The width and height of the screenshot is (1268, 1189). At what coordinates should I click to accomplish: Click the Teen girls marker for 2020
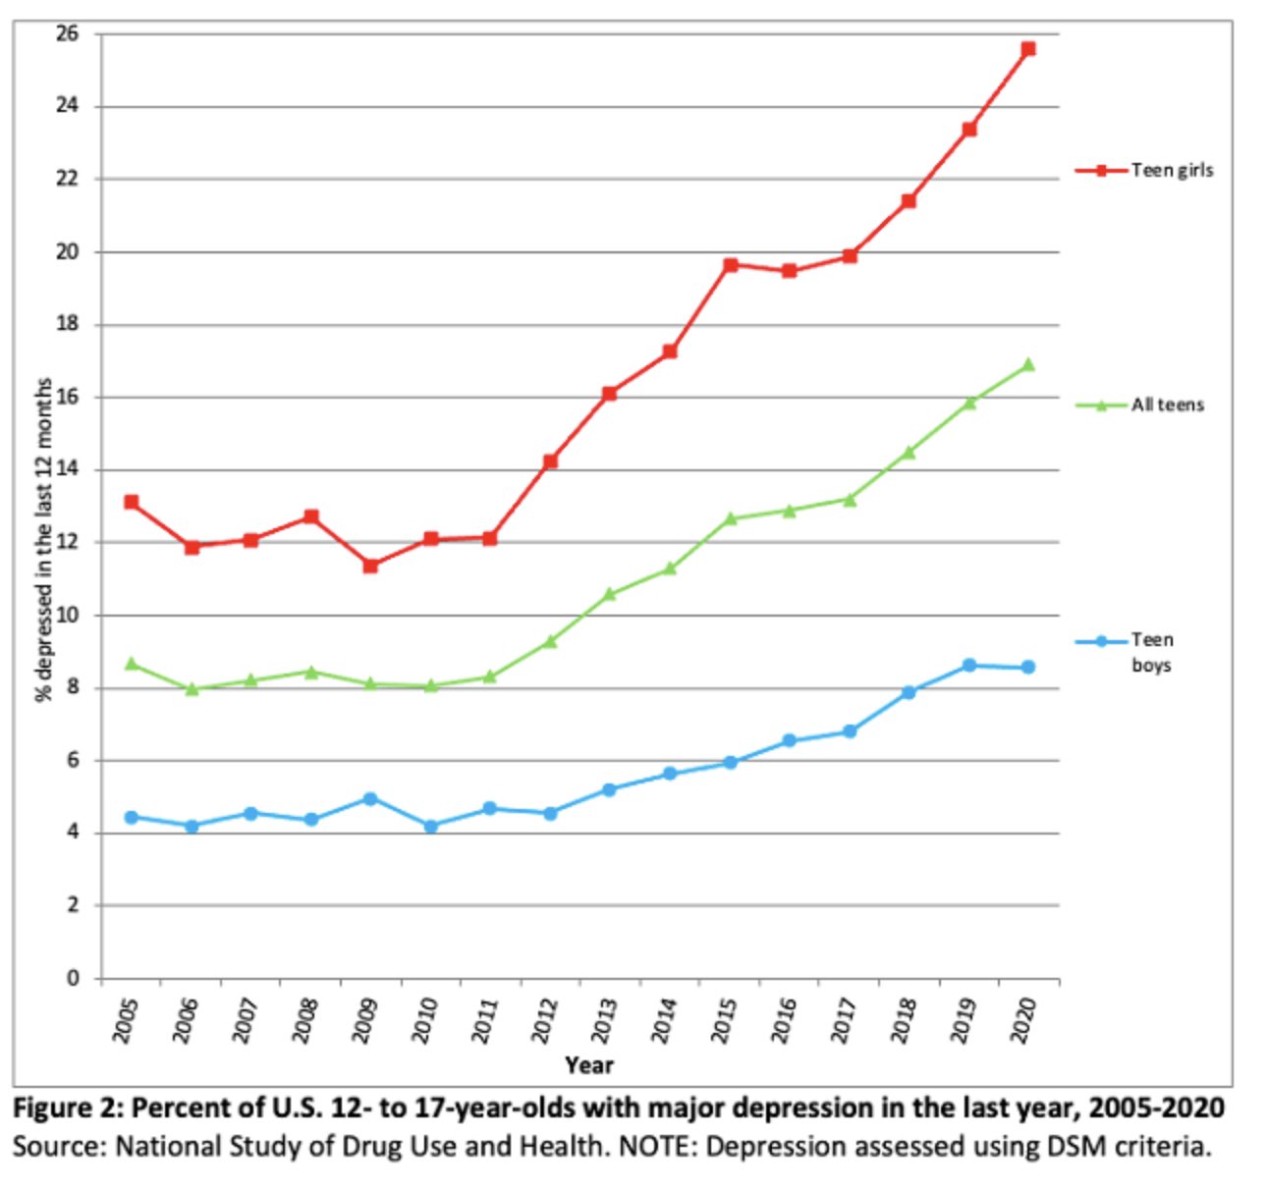(1027, 48)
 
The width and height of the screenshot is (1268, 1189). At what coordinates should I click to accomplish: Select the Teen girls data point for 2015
(730, 264)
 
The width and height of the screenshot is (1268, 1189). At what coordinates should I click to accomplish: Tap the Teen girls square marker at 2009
(370, 566)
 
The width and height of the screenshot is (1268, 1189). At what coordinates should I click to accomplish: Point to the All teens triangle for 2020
(1027, 365)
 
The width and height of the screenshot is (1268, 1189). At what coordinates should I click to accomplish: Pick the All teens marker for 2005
(131, 664)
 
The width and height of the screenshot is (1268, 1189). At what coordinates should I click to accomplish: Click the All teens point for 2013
(609, 594)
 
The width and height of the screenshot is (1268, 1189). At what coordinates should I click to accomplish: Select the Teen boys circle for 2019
(968, 665)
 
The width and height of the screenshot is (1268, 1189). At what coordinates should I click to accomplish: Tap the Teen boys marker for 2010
(430, 826)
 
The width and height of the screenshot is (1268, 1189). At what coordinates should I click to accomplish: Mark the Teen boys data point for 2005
(131, 817)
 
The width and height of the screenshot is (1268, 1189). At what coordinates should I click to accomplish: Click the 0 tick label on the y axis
(73, 978)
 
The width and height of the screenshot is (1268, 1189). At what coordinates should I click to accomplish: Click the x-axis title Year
(588, 1064)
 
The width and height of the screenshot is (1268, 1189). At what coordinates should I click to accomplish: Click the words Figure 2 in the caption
(67, 1108)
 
